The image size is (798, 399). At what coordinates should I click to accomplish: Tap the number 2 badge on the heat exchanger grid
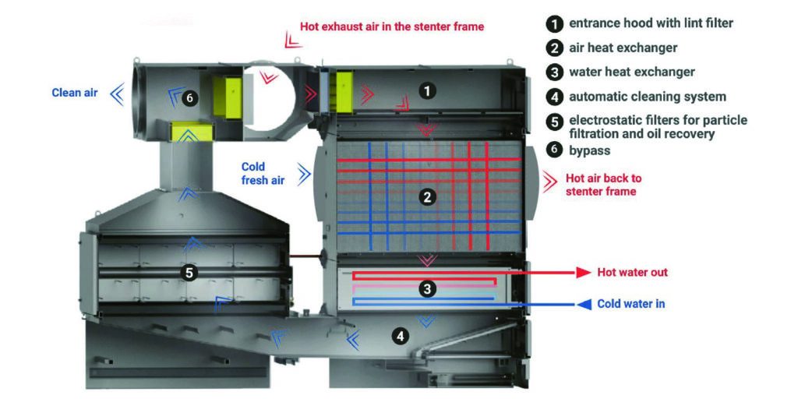pos(426,197)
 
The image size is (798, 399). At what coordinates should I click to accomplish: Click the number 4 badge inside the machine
pos(400,337)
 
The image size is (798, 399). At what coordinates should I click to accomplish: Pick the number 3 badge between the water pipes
pos(426,289)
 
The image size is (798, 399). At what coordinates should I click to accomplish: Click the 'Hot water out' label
pos(632,273)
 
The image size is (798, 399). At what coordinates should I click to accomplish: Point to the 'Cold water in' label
pos(631,304)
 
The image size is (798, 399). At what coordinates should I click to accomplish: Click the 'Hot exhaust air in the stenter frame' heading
pos(391,26)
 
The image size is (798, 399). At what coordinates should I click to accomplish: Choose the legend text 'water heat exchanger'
pos(631,72)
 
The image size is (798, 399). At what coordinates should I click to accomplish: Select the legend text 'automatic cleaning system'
pos(647,97)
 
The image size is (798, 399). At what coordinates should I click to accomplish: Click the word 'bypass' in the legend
pos(590,150)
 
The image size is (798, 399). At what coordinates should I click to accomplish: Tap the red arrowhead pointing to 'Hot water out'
pos(581,273)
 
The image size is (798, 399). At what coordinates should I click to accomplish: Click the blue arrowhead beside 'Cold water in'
pos(583,304)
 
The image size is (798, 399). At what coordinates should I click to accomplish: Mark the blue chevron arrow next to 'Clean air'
pos(117,94)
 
